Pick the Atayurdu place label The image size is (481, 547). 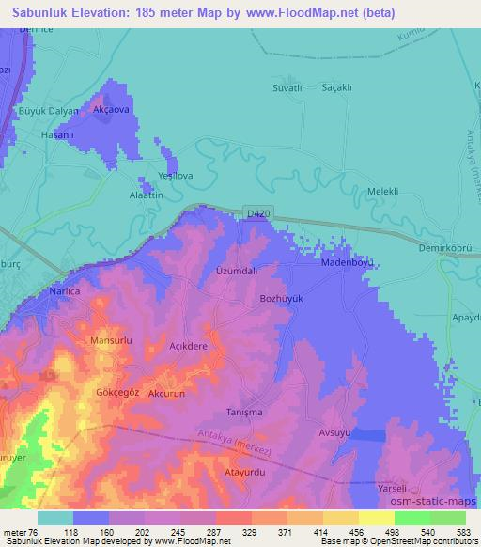(246, 472)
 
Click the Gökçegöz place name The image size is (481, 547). (118, 392)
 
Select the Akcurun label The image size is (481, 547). (171, 395)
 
